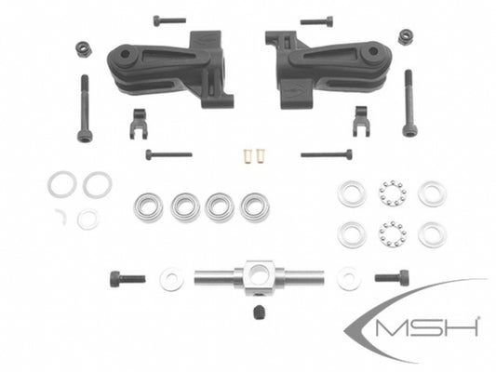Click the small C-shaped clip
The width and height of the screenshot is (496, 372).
[61, 216]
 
